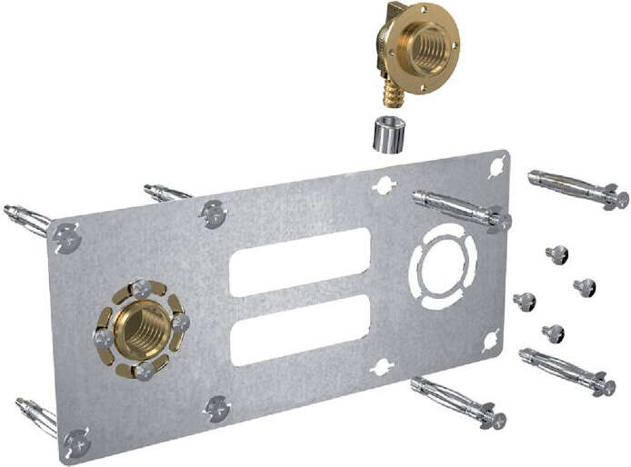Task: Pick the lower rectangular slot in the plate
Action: click(x=299, y=329)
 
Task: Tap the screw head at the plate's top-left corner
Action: click(x=65, y=239)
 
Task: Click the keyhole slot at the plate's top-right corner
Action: click(x=496, y=167)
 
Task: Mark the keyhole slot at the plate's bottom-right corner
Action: click(x=491, y=341)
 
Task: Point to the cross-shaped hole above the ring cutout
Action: click(x=384, y=185)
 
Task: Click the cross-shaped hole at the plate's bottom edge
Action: click(x=382, y=367)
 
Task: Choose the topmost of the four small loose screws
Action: click(x=557, y=254)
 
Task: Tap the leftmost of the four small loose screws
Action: click(x=525, y=301)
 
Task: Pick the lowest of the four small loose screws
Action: click(x=554, y=333)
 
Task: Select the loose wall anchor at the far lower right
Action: click(x=568, y=371)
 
